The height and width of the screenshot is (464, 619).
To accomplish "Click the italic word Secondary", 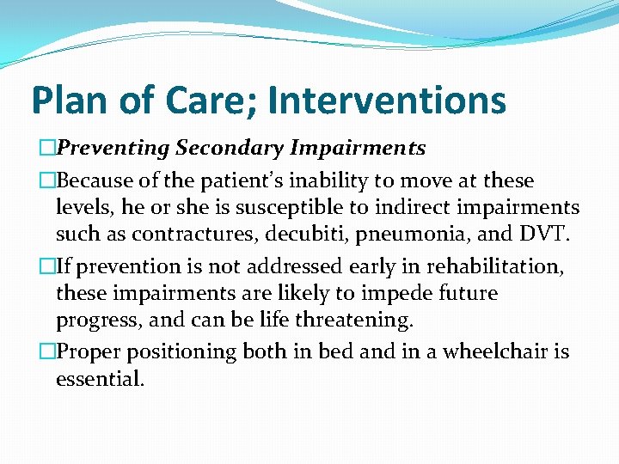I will (x=230, y=149).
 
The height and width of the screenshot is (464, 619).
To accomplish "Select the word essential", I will (x=99, y=378).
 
